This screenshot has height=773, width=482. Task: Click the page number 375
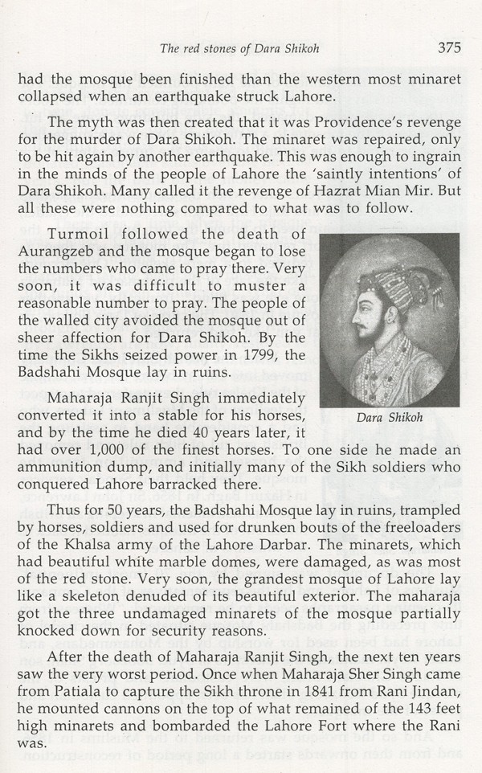tap(449, 47)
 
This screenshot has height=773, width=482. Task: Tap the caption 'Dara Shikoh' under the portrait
tap(388, 419)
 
